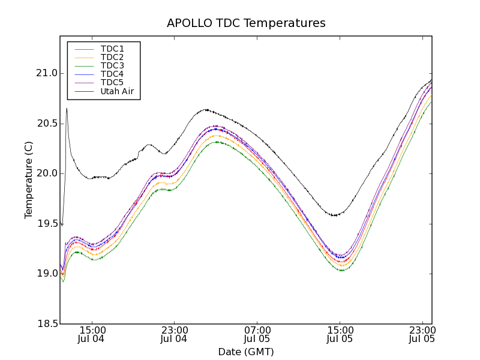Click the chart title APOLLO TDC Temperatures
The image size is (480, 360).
246,23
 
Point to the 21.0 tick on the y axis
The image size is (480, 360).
46,73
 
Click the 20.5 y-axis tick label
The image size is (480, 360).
46,124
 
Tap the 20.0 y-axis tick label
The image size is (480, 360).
46,173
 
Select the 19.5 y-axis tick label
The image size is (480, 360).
46,224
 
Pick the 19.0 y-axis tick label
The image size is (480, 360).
46,274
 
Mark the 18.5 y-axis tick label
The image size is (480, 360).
46,324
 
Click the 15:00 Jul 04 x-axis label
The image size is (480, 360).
92,334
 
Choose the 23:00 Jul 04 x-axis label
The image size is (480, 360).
175,334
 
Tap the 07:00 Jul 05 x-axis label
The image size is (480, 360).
257,334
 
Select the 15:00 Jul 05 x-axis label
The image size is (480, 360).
340,334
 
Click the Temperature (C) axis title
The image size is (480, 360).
29,180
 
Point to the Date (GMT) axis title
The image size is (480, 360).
246,352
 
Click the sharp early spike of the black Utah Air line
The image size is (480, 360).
67,109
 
